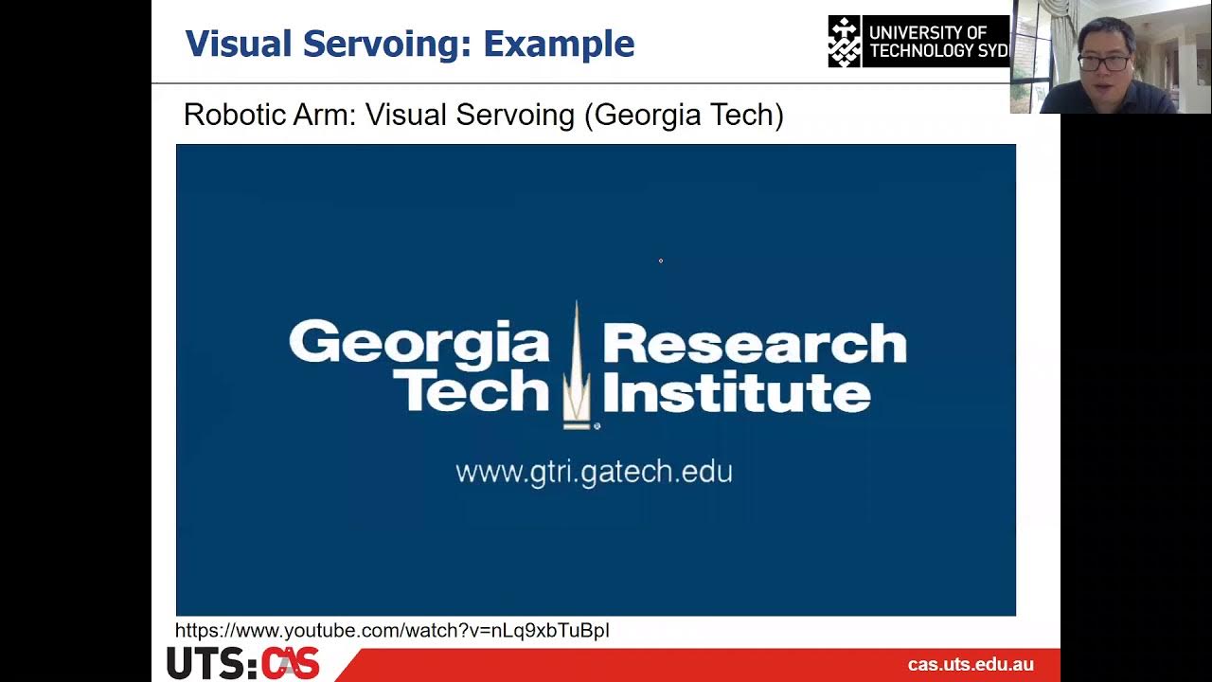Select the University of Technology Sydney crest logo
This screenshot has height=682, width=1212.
click(845, 41)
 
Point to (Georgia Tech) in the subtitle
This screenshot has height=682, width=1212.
click(684, 115)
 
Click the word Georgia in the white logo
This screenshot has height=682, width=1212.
click(419, 343)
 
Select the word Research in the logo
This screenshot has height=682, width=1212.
click(754, 343)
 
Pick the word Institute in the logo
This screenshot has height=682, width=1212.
click(736, 390)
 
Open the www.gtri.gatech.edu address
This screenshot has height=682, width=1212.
click(594, 472)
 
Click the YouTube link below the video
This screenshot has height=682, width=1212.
click(392, 631)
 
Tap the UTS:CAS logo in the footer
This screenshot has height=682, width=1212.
click(242, 663)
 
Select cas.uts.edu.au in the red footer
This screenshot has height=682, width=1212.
click(971, 665)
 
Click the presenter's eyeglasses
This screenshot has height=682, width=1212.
click(1104, 63)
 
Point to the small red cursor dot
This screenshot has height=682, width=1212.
click(661, 260)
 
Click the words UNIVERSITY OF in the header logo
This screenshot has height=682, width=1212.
click(927, 32)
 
